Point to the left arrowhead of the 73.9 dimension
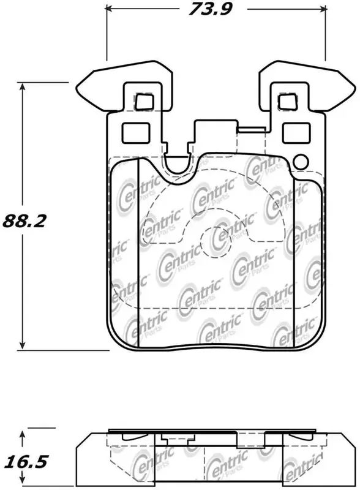110,9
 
